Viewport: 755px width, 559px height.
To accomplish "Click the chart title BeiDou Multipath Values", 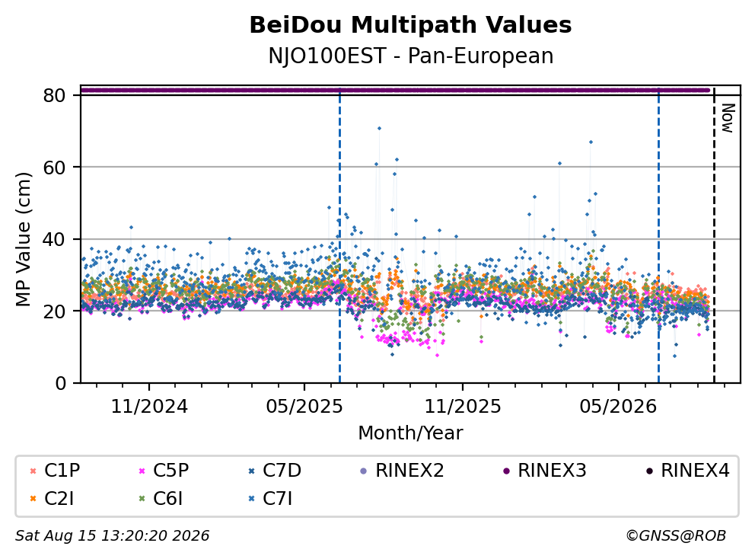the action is (x=410, y=25).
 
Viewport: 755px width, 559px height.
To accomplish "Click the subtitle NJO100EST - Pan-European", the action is (x=410, y=56).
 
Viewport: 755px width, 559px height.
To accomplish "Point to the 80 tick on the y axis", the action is (x=54, y=95).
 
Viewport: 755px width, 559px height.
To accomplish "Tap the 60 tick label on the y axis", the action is (x=54, y=168).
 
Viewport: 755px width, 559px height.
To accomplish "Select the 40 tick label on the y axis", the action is (x=54, y=239).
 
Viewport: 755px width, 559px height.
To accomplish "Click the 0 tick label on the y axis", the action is (x=60, y=383).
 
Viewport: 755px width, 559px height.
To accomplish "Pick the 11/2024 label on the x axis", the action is (x=149, y=407).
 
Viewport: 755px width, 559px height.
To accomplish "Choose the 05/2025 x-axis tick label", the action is (x=304, y=407).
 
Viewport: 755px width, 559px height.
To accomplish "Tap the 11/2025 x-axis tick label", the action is (x=462, y=407).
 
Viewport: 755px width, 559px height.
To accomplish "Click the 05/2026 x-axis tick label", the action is (x=618, y=407).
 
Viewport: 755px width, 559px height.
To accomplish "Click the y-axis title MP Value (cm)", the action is (x=23, y=239).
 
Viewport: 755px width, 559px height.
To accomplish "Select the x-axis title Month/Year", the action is (x=410, y=433).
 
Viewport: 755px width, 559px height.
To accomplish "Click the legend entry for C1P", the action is (x=55, y=471).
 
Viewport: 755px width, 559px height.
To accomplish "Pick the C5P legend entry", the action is (x=164, y=471).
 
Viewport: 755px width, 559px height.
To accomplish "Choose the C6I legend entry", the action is (x=161, y=499).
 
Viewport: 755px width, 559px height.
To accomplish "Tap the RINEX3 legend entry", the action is (x=545, y=471).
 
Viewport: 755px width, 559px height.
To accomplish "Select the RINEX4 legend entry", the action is (x=687, y=471).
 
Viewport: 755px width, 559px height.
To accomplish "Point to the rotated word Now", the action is (x=728, y=118).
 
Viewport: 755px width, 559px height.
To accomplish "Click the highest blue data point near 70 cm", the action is (x=379, y=128).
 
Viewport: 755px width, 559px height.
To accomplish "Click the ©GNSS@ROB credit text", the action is (x=676, y=535).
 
